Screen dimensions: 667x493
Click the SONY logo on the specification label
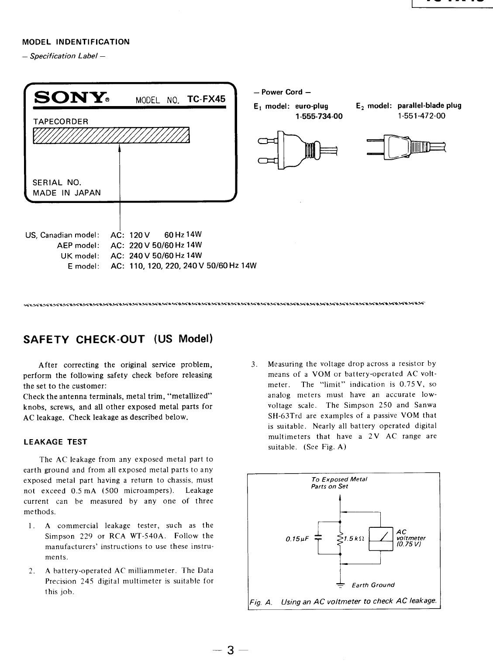pyautogui.click(x=70, y=98)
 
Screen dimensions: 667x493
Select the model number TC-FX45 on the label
pyautogui.click(x=206, y=99)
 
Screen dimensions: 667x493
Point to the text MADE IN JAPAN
pyautogui.click(x=67, y=193)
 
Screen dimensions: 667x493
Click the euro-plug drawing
pyautogui.click(x=297, y=151)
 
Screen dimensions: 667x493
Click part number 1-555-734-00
pyautogui.click(x=319, y=116)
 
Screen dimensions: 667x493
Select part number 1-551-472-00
pyautogui.click(x=421, y=116)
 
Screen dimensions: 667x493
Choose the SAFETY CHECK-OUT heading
pyautogui.click(x=117, y=339)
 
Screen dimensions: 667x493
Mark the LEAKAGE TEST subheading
pyautogui.click(x=55, y=442)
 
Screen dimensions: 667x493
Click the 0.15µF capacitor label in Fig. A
pyautogui.click(x=297, y=539)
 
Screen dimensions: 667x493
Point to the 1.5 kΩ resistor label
pyautogui.click(x=352, y=539)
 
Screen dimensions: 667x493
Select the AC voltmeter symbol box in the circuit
pyautogui.click(x=381, y=539)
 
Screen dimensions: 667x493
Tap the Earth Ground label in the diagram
pyautogui.click(x=373, y=585)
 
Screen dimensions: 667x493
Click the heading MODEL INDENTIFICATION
pyautogui.click(x=76, y=42)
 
